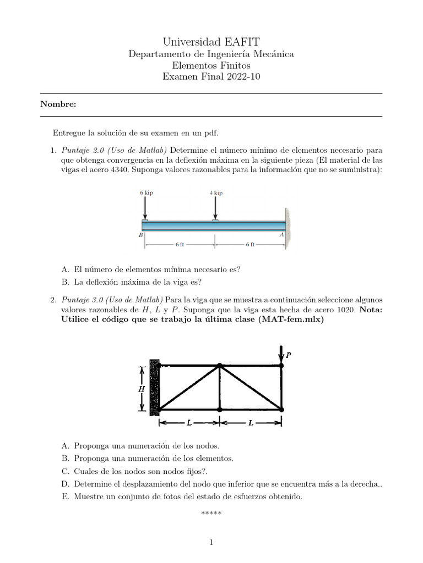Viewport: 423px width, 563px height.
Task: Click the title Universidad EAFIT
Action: [211, 42]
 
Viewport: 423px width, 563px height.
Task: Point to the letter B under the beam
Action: [140, 235]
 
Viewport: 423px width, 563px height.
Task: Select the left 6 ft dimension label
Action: [180, 245]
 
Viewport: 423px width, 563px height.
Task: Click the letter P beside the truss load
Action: [288, 355]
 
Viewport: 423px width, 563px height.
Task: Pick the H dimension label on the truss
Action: [140, 388]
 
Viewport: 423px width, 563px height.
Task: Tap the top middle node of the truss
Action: [220, 365]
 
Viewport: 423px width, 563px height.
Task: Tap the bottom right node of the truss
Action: [281, 410]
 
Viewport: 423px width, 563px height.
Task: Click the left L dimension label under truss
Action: [189, 423]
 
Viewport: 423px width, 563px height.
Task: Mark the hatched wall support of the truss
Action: [154, 388]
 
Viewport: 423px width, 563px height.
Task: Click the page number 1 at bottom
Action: [211, 543]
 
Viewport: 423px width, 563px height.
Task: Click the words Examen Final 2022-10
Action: [211, 77]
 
